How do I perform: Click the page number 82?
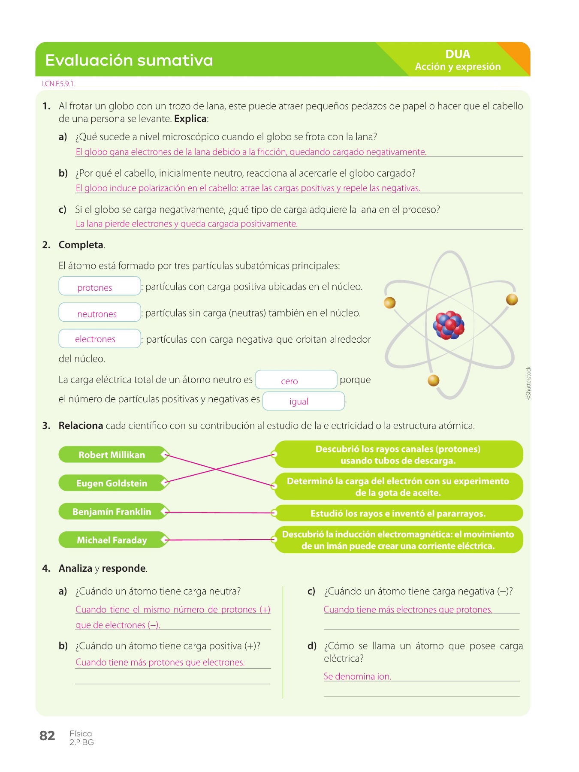coord(47,736)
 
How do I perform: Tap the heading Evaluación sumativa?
coord(129,60)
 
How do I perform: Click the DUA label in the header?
coord(458,54)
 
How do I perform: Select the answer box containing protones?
coord(100,286)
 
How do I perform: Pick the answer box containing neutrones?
coord(100,312)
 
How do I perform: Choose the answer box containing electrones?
coord(100,338)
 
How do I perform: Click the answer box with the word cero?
coord(296,380)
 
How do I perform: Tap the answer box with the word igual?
coord(303,401)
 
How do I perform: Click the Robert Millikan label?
coord(112,455)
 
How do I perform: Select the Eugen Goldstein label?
coord(112,483)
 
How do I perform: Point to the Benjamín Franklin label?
coord(112,512)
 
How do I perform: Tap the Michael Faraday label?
coord(112,540)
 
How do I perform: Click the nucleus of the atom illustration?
coord(449,325)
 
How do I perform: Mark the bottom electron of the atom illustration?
coord(434,380)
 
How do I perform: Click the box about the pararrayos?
coord(398,513)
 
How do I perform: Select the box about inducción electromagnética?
coord(398,540)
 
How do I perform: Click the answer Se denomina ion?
coord(357,676)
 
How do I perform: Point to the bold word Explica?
coord(190,119)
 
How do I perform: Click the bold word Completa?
coord(81,245)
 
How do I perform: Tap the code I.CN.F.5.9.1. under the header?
coord(59,84)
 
